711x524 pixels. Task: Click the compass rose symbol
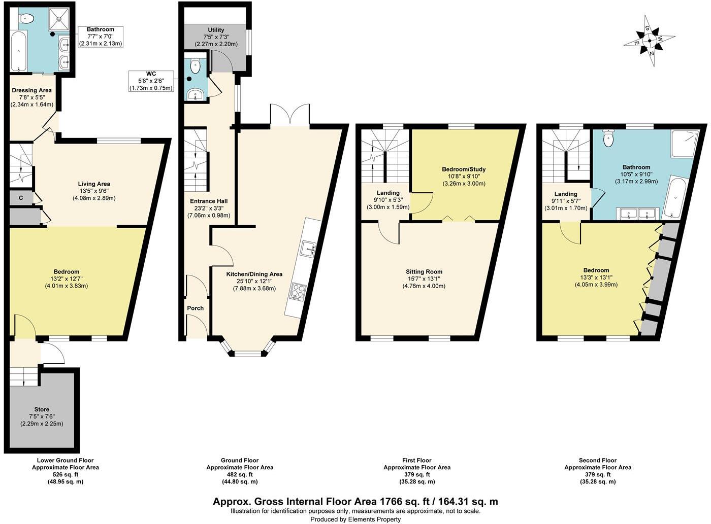point(650,41)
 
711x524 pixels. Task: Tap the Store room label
point(42,409)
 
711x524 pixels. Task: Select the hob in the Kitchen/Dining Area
point(297,292)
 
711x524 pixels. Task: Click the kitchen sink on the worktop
point(308,248)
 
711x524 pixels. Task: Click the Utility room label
point(216,30)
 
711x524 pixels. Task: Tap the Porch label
point(196,308)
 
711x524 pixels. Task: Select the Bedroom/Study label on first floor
point(464,169)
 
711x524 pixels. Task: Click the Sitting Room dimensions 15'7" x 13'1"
point(424,278)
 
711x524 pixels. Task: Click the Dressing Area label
point(31,90)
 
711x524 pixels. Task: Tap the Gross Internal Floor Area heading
point(355,501)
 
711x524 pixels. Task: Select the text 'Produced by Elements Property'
point(355,519)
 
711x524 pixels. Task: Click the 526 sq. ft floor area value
point(66,475)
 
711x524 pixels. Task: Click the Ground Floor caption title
point(240,460)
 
